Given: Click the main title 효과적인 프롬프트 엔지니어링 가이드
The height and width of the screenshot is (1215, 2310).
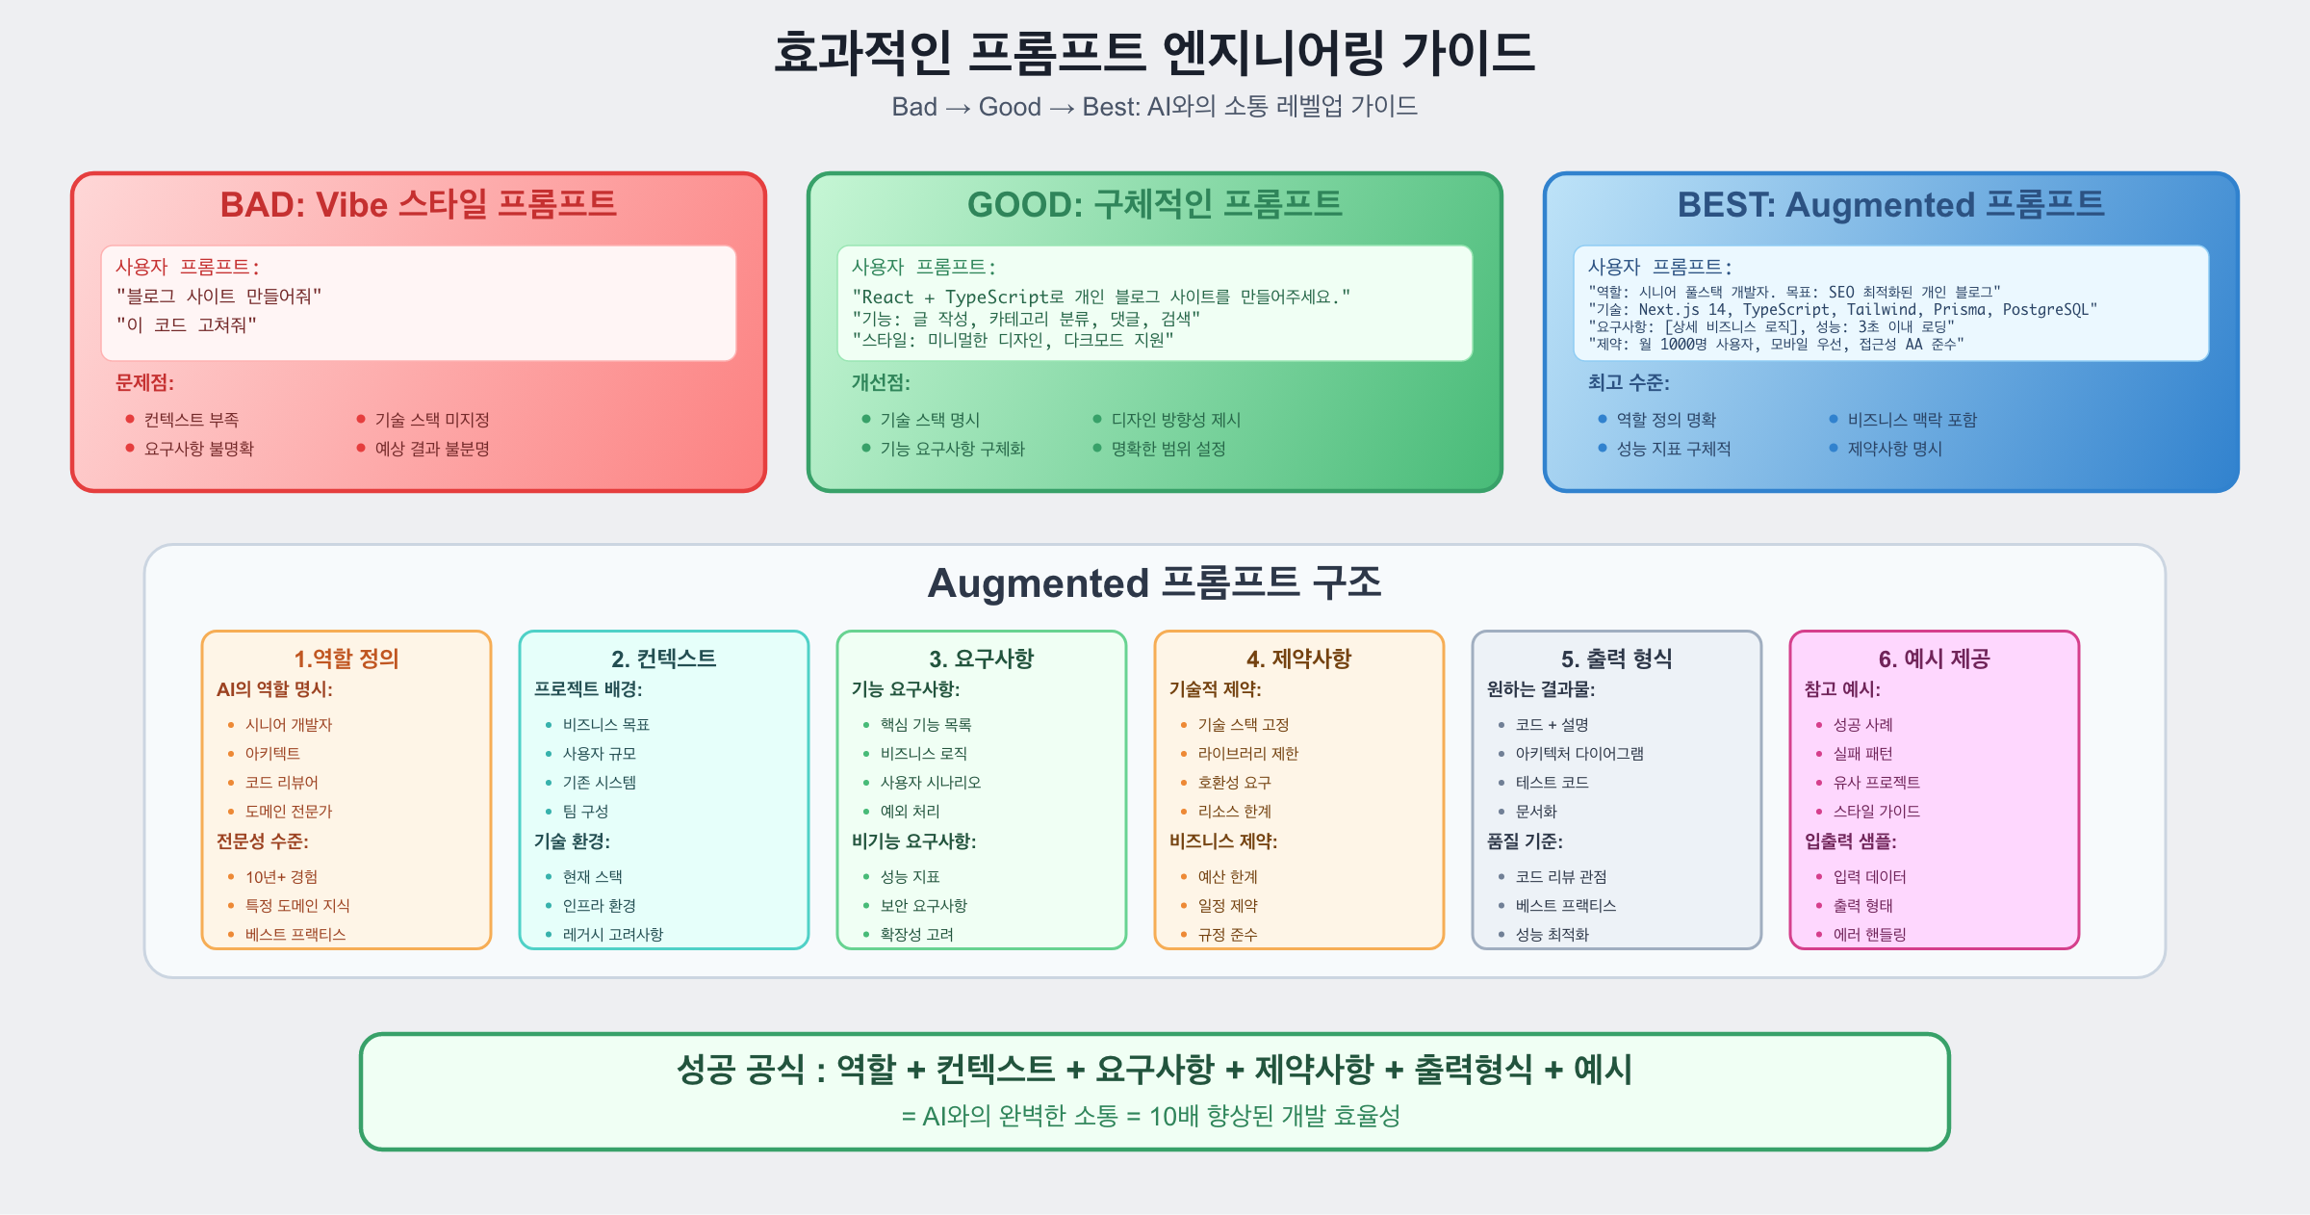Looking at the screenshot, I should click(1154, 52).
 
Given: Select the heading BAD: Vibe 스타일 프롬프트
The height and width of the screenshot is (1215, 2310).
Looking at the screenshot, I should click(418, 204).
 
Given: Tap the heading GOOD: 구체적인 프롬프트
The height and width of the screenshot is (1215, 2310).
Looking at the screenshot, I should click(1154, 204).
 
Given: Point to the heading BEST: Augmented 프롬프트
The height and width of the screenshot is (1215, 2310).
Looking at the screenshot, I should click(1890, 204).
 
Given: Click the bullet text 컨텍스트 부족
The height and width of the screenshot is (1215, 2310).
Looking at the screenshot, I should click(192, 420).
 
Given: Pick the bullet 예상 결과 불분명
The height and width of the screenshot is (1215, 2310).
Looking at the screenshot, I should click(432, 449).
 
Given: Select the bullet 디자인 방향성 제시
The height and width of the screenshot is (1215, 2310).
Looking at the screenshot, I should click(1175, 420).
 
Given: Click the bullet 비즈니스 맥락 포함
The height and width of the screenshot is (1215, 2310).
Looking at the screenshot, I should click(1912, 420).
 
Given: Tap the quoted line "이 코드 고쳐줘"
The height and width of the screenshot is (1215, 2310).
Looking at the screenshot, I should click(186, 325).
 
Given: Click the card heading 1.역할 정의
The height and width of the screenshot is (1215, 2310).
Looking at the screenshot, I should click(346, 659).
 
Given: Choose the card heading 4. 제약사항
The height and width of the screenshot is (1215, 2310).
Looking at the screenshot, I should click(1299, 659).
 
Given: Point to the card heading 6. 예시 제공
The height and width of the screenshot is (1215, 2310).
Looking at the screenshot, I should click(1935, 659).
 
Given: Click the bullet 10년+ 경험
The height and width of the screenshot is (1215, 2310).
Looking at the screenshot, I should click(281, 877).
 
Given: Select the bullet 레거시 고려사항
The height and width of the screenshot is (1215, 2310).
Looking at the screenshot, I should click(612, 935).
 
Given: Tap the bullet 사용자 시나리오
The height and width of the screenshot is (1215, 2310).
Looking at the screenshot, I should click(930, 783).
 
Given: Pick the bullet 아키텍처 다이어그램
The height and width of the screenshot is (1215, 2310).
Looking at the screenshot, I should click(1579, 754).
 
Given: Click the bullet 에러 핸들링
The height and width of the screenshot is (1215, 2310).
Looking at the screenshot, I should click(1869, 935).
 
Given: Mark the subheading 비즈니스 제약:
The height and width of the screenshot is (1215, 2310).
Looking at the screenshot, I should click(1223, 841).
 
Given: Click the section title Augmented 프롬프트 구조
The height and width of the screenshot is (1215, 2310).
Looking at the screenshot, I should click(1154, 583).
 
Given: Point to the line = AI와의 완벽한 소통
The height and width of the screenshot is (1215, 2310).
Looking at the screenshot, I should click(1150, 1116).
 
